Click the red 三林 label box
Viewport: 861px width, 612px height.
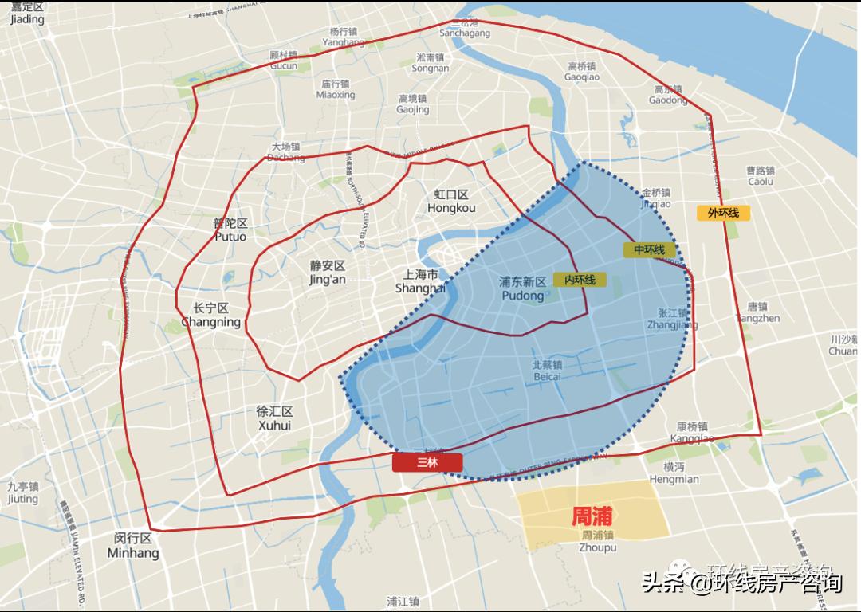pyautogui.click(x=427, y=462)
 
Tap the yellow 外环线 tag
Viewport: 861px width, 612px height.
pyautogui.click(x=718, y=213)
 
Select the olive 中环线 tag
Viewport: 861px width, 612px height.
pyautogui.click(x=649, y=249)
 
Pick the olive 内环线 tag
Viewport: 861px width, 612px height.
pyautogui.click(x=580, y=280)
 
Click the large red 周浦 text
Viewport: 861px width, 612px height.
pyautogui.click(x=592, y=516)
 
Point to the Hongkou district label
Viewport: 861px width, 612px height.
pyautogui.click(x=451, y=202)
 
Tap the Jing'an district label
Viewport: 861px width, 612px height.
pyautogui.click(x=328, y=273)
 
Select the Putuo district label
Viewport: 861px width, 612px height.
pyautogui.click(x=230, y=230)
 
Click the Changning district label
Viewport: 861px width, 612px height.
pyautogui.click(x=211, y=316)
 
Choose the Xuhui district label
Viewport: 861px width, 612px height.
pyautogui.click(x=275, y=418)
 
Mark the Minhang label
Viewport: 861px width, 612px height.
pyautogui.click(x=133, y=546)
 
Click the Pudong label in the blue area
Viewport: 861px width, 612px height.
pyautogui.click(x=523, y=288)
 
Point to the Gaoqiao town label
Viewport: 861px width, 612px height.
pyautogui.click(x=582, y=72)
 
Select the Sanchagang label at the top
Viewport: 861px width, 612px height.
pyautogui.click(x=465, y=28)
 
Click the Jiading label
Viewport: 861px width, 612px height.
pyautogui.click(x=28, y=13)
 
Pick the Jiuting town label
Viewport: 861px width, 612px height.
pyautogui.click(x=23, y=492)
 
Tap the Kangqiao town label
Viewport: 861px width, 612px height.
pyautogui.click(x=692, y=433)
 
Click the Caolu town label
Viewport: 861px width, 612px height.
pyautogui.click(x=761, y=175)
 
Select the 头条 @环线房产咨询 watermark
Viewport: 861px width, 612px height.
pyautogui.click(x=741, y=583)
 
